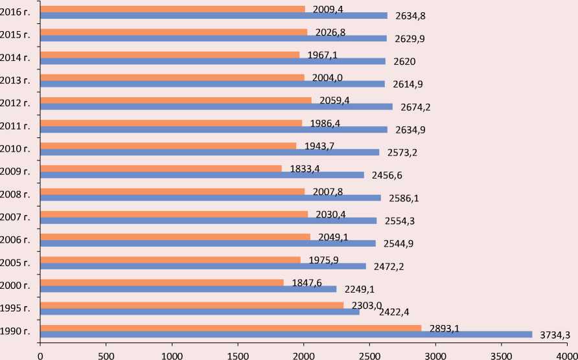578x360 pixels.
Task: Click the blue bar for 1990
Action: click(285, 334)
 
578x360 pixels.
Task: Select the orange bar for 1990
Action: click(230, 328)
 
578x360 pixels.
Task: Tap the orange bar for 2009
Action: click(161, 168)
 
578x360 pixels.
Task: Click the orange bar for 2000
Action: click(161, 282)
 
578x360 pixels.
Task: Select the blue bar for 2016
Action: click(213, 16)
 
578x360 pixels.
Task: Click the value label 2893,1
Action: click(445, 328)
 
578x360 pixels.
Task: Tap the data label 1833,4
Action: click(305, 169)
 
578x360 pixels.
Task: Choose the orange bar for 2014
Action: click(170, 54)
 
